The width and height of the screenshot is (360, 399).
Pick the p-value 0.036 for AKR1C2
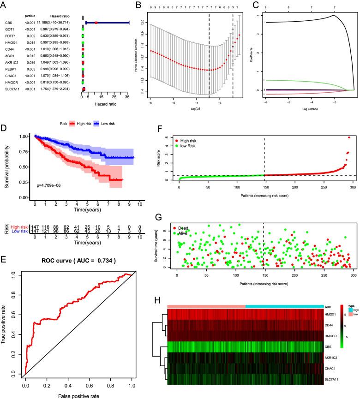tap(30, 62)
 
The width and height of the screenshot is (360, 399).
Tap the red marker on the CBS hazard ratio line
tap(96, 22)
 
